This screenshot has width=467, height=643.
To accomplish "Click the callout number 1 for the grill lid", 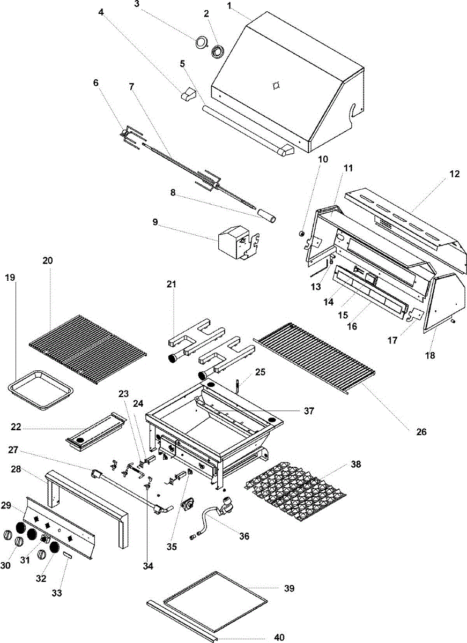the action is pyautogui.click(x=229, y=6).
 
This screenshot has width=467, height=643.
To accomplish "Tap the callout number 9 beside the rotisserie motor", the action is pyautogui.click(x=155, y=222).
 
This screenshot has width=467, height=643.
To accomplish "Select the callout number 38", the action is pyautogui.click(x=356, y=464).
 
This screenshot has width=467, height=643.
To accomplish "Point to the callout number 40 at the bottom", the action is pyautogui.click(x=279, y=638).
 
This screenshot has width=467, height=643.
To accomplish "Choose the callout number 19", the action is pyautogui.click(x=10, y=278).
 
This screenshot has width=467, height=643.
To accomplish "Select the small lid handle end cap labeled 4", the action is pyautogui.click(x=188, y=94).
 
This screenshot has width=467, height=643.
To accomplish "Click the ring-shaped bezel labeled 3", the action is pyautogui.click(x=202, y=42).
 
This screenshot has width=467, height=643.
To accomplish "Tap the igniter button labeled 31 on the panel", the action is pyautogui.click(x=44, y=539).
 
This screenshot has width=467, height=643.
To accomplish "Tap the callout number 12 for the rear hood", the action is pyautogui.click(x=454, y=174).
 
